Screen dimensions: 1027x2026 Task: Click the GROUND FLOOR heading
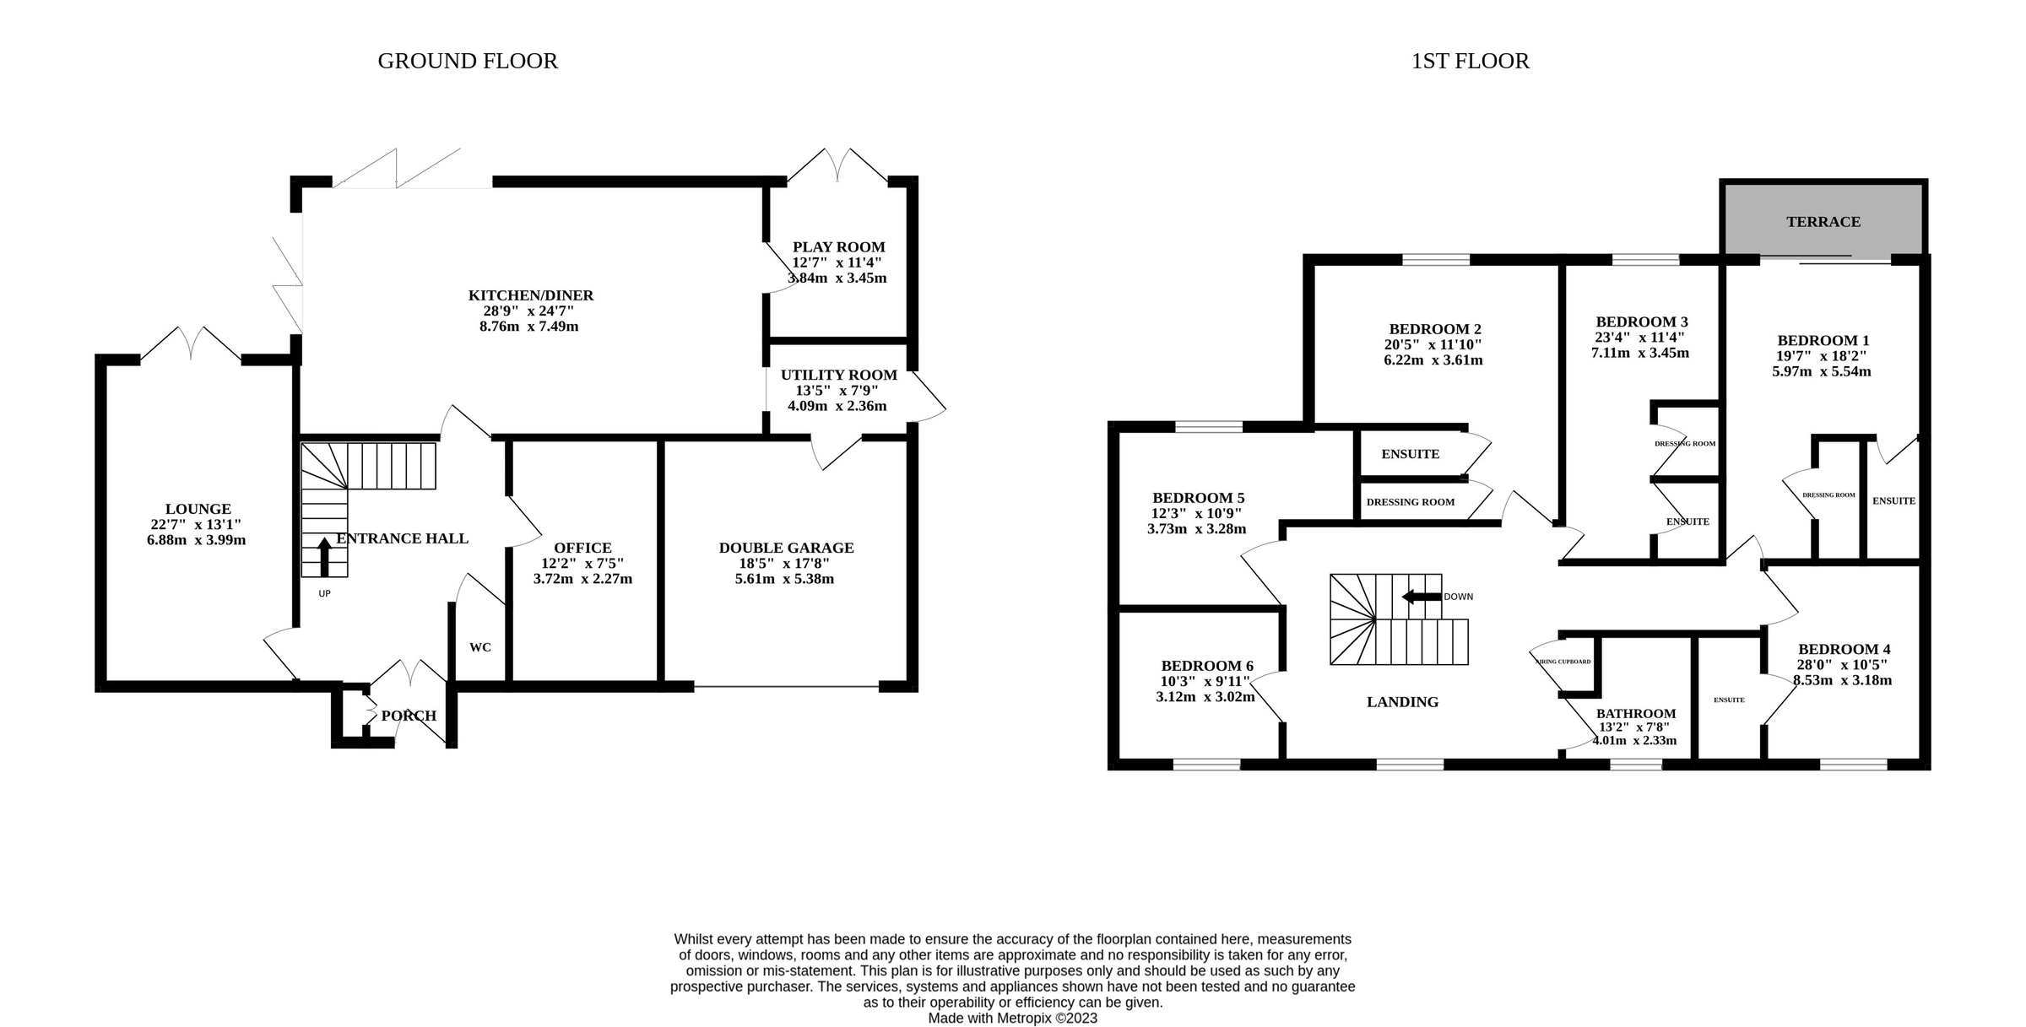[x=467, y=62]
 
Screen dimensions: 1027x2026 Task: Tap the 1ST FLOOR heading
[x=1470, y=62]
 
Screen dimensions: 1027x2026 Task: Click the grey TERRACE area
[x=1823, y=222]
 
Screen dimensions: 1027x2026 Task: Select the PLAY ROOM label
[x=838, y=247]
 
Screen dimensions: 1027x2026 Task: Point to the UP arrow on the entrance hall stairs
[x=324, y=557]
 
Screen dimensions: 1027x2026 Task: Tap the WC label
[x=480, y=647]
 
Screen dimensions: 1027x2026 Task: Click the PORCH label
[x=409, y=716]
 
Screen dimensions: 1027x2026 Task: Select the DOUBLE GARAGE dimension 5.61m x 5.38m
[x=784, y=579]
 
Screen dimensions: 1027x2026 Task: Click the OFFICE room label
[x=582, y=548]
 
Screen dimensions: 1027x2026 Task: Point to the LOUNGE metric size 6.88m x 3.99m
[x=196, y=540]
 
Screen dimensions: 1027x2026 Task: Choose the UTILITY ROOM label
[x=838, y=376]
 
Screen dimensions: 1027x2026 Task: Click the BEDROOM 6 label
[x=1206, y=666]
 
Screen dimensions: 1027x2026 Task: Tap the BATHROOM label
[x=1635, y=714]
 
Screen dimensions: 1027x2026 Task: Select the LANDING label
[x=1402, y=702]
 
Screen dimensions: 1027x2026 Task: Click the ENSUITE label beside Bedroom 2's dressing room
[x=1410, y=454]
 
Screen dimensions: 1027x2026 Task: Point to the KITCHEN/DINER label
[x=531, y=295]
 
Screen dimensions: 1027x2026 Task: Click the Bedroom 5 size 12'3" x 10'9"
[x=1196, y=513]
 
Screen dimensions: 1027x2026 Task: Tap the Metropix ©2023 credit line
[x=1012, y=1019]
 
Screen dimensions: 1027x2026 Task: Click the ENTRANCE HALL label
[x=402, y=538]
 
